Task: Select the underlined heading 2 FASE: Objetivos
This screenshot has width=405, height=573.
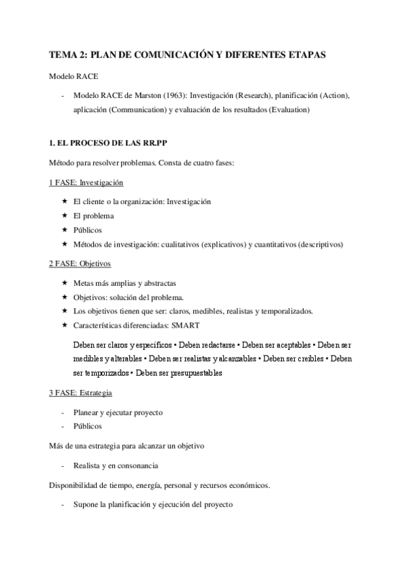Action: tap(80, 263)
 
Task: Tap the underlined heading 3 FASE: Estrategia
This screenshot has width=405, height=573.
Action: tap(80, 393)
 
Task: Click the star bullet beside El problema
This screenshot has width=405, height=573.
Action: tap(64, 216)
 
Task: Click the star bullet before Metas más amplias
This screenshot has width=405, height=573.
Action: tap(64, 282)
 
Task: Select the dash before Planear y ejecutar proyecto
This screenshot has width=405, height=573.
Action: tap(63, 412)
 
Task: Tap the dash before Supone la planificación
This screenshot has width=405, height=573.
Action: tap(63, 505)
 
